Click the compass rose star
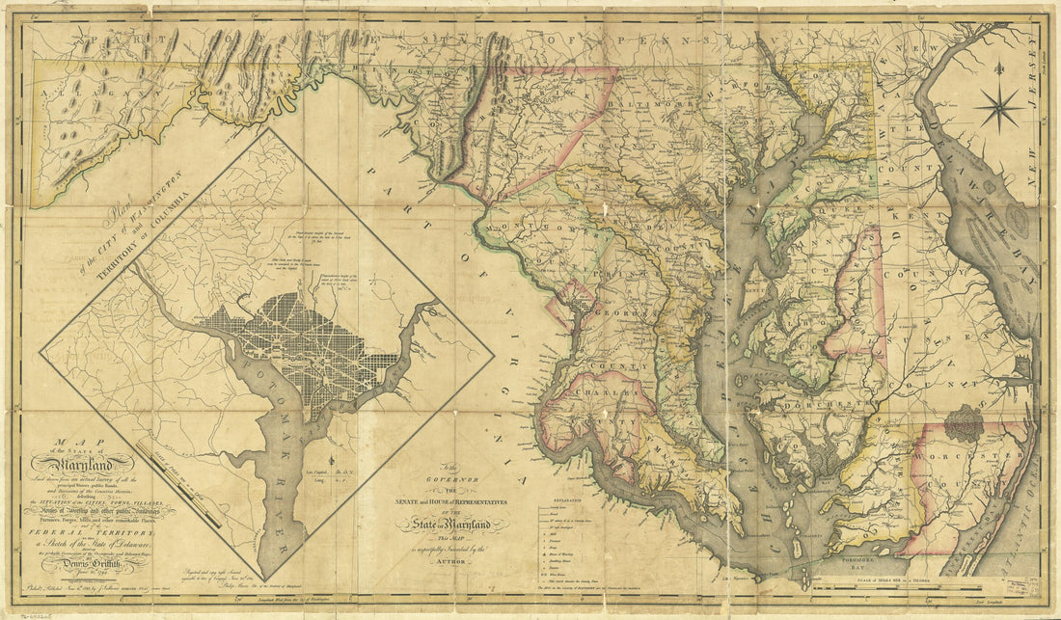tap(998, 106)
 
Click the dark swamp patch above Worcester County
tap(963, 422)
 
